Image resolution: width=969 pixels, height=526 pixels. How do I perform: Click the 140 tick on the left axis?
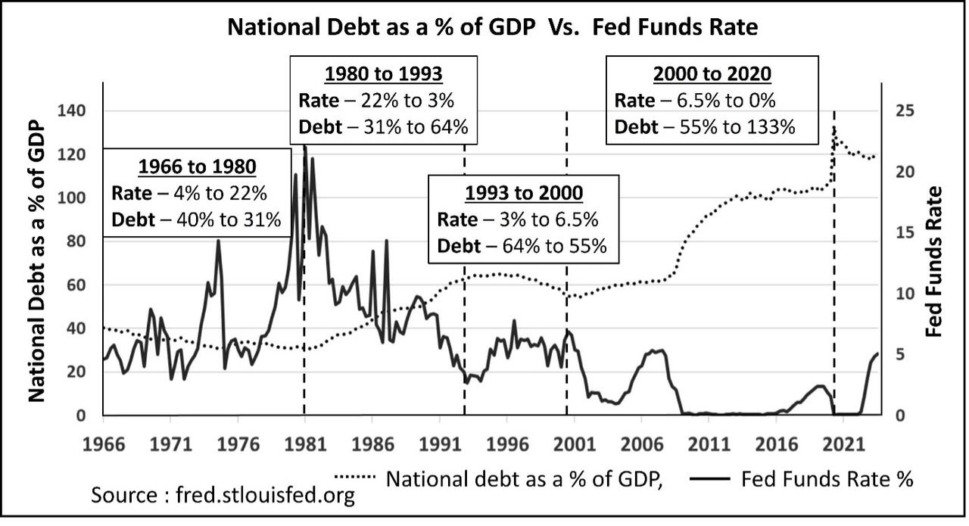pos(73,110)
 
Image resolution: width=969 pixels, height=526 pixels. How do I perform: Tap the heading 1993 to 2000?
pos(524,193)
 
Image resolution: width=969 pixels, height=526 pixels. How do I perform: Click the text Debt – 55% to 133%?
pos(704,126)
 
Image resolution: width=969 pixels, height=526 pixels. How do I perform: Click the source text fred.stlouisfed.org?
pos(223,495)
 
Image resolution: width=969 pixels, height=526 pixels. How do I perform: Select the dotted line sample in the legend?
pos(355,478)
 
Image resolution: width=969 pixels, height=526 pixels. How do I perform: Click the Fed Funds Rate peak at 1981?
pos(305,147)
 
